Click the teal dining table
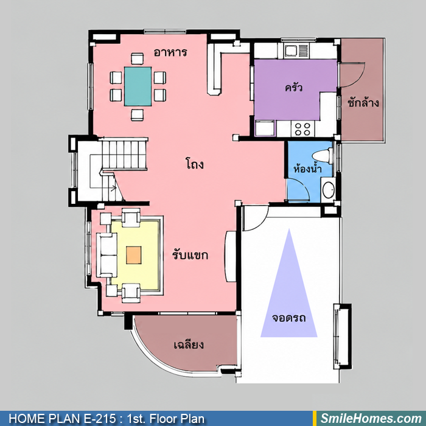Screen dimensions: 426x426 [138, 86]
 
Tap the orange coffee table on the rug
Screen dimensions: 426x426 [134, 255]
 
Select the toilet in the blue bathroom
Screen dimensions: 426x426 [323, 156]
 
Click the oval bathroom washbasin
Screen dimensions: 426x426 [328, 190]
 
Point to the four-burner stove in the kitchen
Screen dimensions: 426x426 [302, 129]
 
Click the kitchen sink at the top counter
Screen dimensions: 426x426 [297, 51]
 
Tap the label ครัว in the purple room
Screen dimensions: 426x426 [293, 88]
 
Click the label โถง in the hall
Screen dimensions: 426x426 [195, 164]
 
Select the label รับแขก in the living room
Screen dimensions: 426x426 [190, 255]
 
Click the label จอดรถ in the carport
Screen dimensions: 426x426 [289, 318]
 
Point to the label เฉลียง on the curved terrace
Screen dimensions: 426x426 [189, 345]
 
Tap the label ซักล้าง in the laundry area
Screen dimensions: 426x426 [363, 103]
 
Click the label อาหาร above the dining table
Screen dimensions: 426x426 [170, 52]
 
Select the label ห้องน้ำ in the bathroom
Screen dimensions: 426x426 [308, 169]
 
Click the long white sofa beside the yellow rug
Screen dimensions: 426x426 [106, 255]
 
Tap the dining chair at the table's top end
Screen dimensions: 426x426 [137, 58]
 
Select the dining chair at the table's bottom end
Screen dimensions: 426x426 [137, 114]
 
